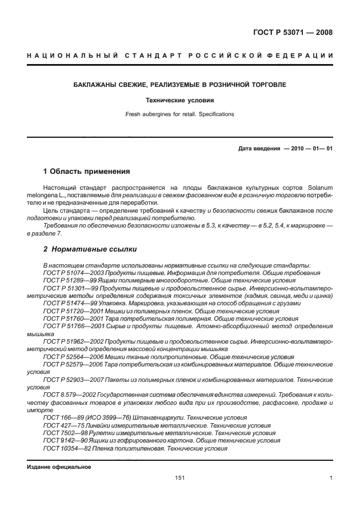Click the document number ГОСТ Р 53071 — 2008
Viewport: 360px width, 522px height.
pos(293,32)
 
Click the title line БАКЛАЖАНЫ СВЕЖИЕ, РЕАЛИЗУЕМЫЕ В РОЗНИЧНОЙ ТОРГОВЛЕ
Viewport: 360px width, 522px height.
pos(180,85)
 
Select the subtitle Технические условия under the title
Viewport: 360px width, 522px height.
pos(179,99)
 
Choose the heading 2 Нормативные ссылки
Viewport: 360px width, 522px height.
pos(89,249)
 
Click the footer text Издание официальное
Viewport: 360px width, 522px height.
pos(59,467)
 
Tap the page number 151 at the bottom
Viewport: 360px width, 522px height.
pos(179,478)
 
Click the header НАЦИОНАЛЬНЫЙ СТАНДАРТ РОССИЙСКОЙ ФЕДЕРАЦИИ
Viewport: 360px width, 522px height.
pos(179,55)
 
